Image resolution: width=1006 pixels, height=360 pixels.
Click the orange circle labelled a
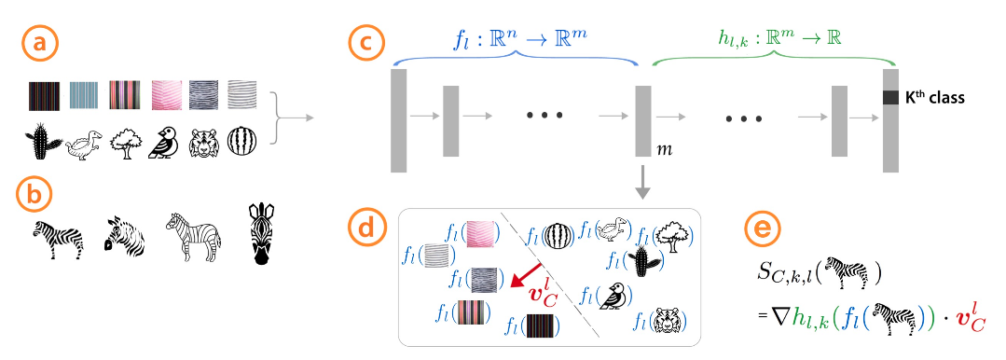coord(37,44)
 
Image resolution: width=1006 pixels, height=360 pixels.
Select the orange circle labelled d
coord(364,229)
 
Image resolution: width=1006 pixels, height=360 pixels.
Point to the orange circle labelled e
coord(762,229)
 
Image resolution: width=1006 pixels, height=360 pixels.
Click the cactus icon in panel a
coord(41,143)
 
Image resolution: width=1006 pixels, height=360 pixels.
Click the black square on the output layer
coord(891,97)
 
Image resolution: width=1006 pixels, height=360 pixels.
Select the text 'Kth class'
coord(935,96)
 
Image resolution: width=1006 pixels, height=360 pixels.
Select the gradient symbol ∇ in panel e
coord(767,322)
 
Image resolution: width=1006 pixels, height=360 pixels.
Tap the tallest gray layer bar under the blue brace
coord(400,120)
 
